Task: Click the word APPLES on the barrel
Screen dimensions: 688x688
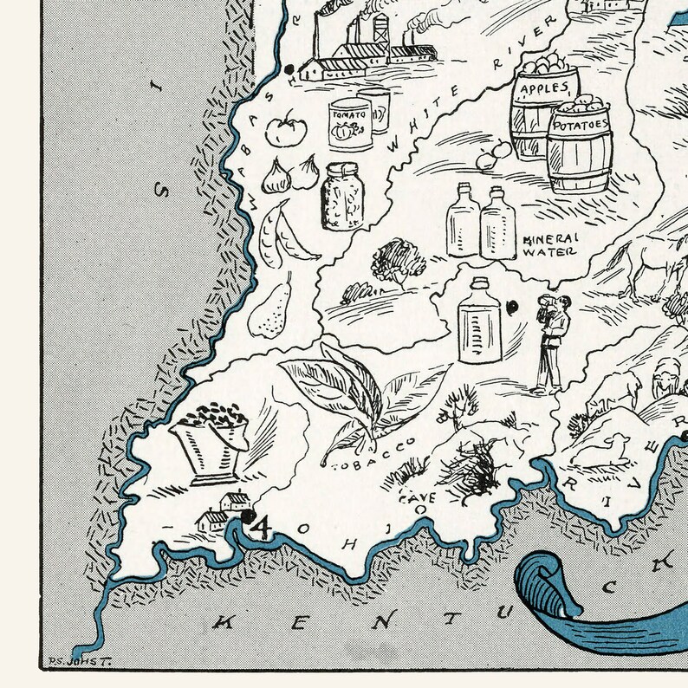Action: coord(544,89)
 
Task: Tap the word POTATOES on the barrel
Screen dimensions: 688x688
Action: coord(580,125)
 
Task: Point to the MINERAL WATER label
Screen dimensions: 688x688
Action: coord(549,245)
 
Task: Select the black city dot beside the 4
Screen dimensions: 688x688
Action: coord(249,516)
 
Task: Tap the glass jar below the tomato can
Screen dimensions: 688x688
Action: coord(342,196)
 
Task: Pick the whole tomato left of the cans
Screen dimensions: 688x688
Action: coord(282,130)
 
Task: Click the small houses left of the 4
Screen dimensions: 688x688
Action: coord(222,511)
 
